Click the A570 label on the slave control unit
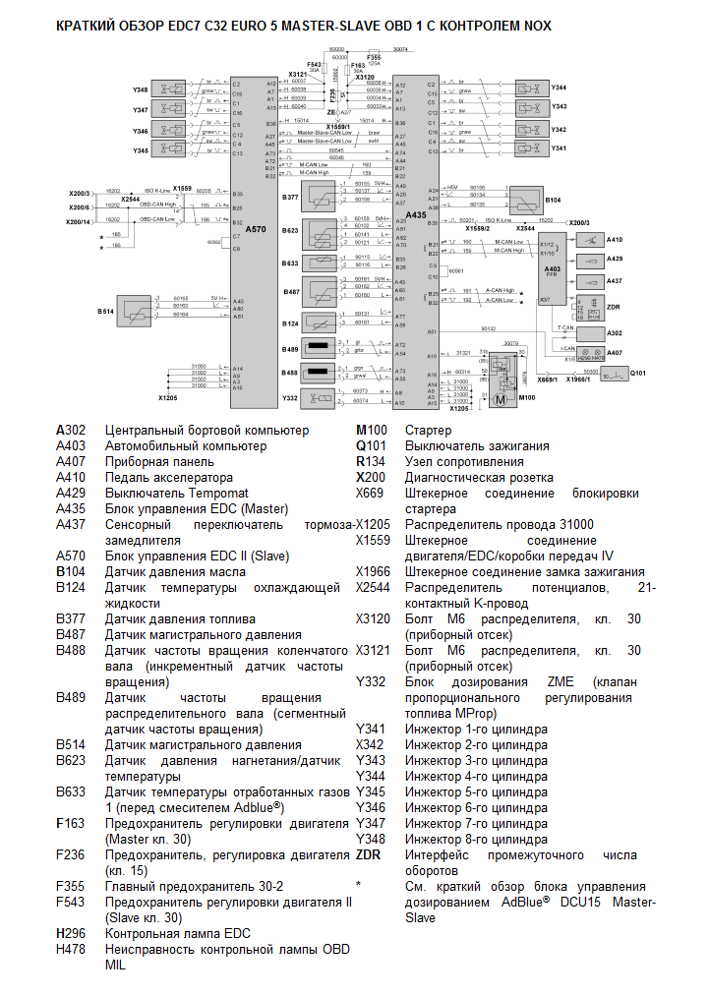[x=256, y=228]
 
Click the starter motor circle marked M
[x=500, y=399]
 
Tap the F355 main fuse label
[x=374, y=58]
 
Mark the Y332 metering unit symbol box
[x=319, y=397]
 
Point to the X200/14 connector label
[x=79, y=222]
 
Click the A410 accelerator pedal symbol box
[x=591, y=241]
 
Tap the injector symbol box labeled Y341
[x=530, y=148]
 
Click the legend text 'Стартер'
[x=429, y=431]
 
